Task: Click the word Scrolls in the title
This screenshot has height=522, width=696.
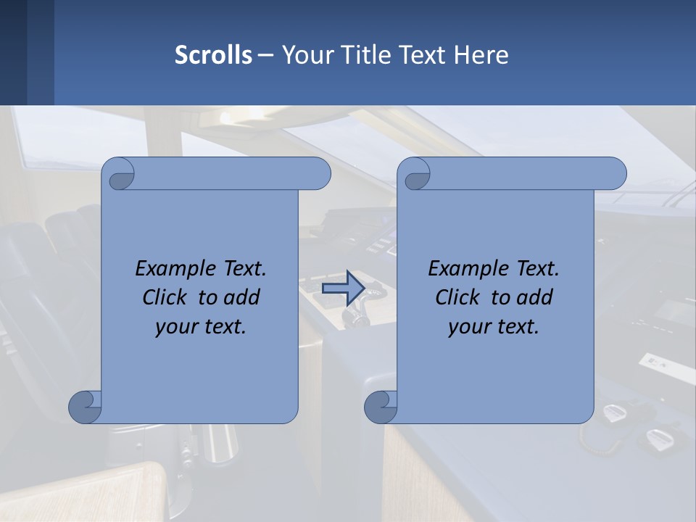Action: click(x=213, y=55)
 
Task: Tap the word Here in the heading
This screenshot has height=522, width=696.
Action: click(x=481, y=55)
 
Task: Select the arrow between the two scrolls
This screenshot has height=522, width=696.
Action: click(x=342, y=288)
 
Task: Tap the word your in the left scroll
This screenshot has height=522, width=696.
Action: click(x=173, y=326)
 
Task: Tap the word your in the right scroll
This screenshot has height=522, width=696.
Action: click(x=466, y=326)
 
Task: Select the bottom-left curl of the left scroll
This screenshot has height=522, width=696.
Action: click(x=85, y=407)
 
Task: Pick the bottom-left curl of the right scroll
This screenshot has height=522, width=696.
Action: click(x=381, y=407)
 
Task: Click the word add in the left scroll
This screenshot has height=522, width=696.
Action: click(x=241, y=297)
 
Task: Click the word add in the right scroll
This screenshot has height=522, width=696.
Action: click(x=534, y=297)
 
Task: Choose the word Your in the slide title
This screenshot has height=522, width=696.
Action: click(x=304, y=55)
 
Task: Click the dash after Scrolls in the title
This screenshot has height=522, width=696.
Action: click(x=265, y=55)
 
